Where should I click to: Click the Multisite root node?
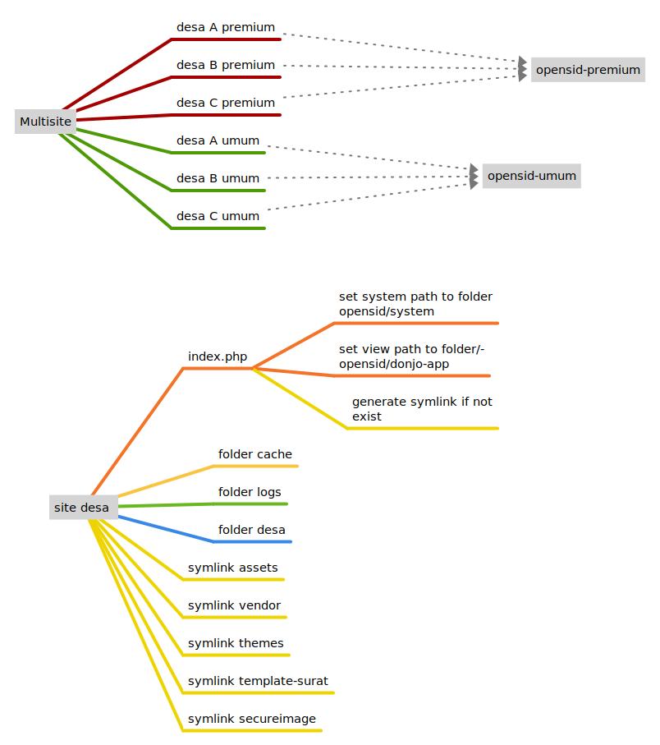pyautogui.click(x=46, y=122)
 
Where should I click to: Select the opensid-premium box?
pyautogui.click(x=588, y=70)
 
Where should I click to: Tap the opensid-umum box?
pyautogui.click(x=532, y=176)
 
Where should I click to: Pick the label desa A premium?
pyautogui.click(x=226, y=27)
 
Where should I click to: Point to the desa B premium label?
pyautogui.click(x=226, y=65)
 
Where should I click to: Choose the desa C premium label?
pyautogui.click(x=226, y=103)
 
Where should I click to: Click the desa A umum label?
pyautogui.click(x=218, y=140)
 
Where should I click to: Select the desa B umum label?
pyautogui.click(x=218, y=178)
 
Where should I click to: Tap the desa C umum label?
pyautogui.click(x=218, y=216)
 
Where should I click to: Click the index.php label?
pyautogui.click(x=218, y=356)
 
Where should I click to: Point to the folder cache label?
pyautogui.click(x=255, y=454)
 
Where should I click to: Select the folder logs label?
pyautogui.click(x=250, y=492)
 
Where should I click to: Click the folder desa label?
pyautogui.click(x=252, y=530)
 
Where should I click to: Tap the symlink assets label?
pyautogui.click(x=232, y=568)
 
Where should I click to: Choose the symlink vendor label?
pyautogui.click(x=234, y=605)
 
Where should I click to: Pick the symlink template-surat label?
pyautogui.click(x=258, y=681)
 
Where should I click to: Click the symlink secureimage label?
pyautogui.click(x=252, y=719)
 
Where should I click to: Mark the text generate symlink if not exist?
pyautogui.click(x=422, y=409)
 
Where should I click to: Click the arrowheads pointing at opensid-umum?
pyautogui.click(x=474, y=177)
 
